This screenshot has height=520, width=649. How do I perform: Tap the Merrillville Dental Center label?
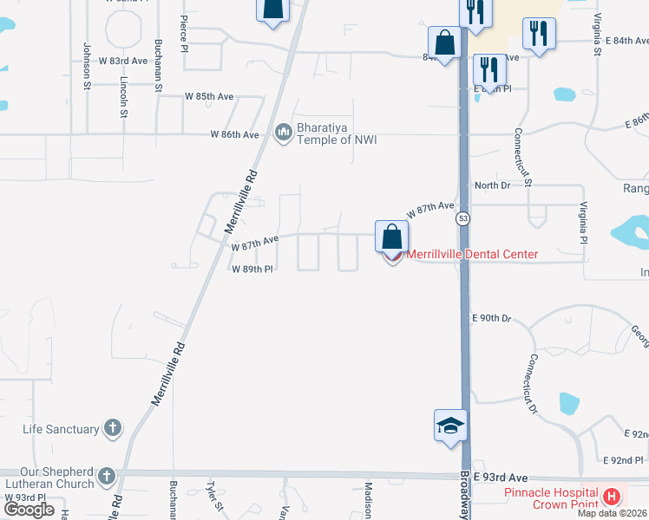pos(472,254)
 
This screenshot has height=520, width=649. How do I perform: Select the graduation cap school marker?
pos(450,426)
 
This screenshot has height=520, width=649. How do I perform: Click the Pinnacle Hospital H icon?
pos(613,497)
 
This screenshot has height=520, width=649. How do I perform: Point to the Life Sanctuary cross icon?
pos(112,427)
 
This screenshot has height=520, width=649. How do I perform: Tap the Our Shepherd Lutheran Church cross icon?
pos(106,476)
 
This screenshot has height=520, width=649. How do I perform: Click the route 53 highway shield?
pos(465,219)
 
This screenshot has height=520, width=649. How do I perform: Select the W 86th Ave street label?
pos(234,134)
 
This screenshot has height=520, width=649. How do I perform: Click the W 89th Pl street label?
pos(252,270)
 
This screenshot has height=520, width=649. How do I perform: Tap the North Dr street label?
pos(491,185)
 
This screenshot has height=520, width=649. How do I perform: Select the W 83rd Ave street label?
pos(123,61)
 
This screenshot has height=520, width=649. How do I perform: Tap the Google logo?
pos(29,509)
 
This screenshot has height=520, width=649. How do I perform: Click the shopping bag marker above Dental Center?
pos(391,237)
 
